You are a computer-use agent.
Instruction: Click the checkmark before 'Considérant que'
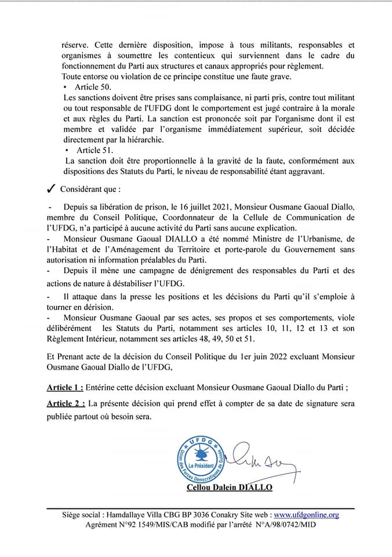click(50, 189)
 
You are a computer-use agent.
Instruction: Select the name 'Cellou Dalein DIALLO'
click(230, 488)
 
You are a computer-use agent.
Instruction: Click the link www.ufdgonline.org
click(306, 515)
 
